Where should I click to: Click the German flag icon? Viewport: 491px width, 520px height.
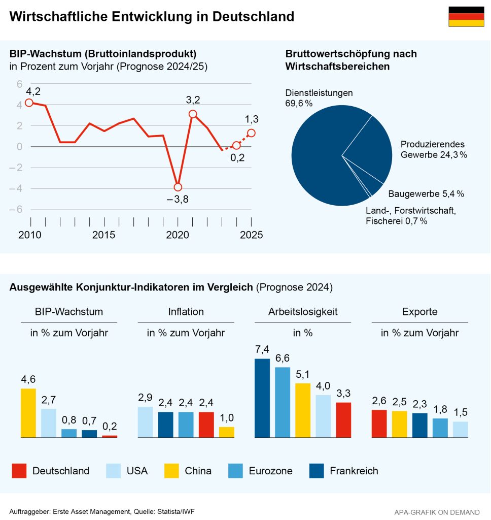coord(466,17)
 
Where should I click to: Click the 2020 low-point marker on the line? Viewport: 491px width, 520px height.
coord(178,187)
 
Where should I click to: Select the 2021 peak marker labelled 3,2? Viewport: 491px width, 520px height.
coord(193,114)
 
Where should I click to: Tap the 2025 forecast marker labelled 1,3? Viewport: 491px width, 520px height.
coord(251,133)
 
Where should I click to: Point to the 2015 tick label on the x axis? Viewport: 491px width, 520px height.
coord(103,235)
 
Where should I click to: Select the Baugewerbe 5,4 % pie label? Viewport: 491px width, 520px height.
coord(426,194)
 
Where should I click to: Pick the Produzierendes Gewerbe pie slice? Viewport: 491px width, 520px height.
coord(373,150)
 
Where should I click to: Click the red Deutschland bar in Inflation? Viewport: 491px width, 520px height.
coord(206,425)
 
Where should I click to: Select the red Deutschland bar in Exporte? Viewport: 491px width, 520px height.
coord(379,424)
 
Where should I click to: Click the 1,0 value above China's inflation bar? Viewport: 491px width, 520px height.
coord(227,418)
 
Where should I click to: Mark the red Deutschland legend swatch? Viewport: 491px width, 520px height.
coord(19,471)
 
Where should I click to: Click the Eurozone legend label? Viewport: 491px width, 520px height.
coord(270,471)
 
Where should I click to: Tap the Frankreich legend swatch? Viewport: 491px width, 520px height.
coord(317,471)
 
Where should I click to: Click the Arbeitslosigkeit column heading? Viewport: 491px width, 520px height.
coord(303,311)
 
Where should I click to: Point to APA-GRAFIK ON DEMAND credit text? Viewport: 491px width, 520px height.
coord(437,512)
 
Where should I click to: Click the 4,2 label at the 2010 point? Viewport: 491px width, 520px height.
coord(33,92)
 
